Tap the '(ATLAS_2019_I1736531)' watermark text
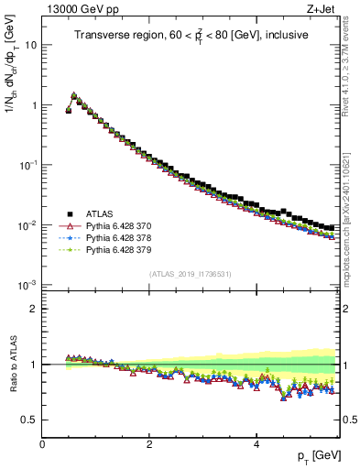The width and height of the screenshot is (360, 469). [x=191, y=274]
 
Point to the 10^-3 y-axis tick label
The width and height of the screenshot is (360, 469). [x=27, y=285]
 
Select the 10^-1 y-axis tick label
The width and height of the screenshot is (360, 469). [x=27, y=165]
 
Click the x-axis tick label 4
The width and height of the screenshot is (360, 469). [x=256, y=443]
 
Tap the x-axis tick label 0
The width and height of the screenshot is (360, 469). [x=43, y=443]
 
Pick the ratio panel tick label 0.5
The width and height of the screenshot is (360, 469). [x=28, y=420]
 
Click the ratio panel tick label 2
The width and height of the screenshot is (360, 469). [x=33, y=309]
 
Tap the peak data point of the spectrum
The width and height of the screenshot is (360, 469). [x=74, y=94]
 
